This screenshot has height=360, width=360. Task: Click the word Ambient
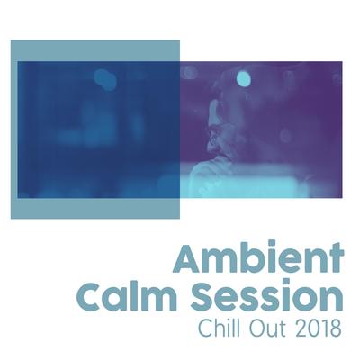pyautogui.click(x=259, y=257)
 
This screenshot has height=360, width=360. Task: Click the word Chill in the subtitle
pyautogui.click(x=220, y=328)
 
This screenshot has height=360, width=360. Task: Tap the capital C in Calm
pyautogui.click(x=92, y=296)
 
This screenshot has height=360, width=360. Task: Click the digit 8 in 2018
pyautogui.click(x=335, y=329)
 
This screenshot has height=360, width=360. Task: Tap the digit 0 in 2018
pyautogui.click(x=311, y=329)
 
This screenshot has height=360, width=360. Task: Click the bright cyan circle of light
pyautogui.click(x=243, y=78)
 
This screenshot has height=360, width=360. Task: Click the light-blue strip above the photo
pyautogui.click(x=95, y=50)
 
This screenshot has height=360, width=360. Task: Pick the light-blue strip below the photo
pyautogui.click(x=95, y=208)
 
